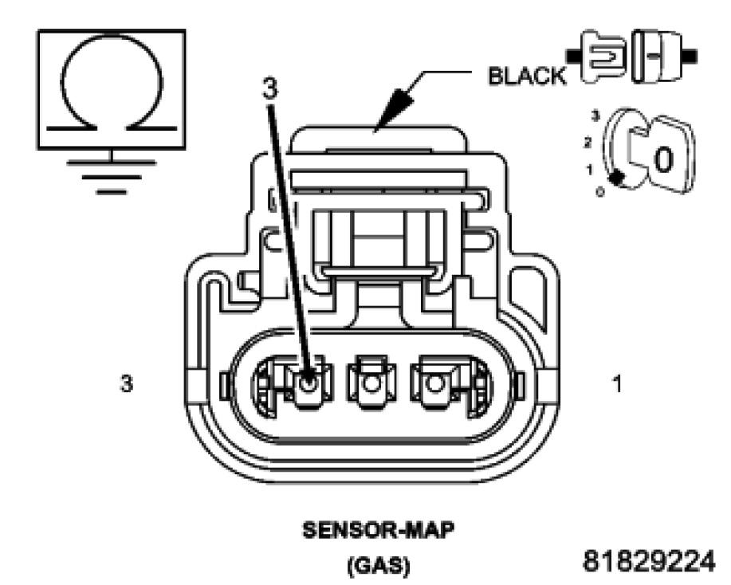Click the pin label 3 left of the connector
(x=126, y=383)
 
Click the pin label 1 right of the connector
(x=616, y=383)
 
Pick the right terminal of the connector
(x=434, y=383)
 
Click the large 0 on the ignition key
(x=662, y=160)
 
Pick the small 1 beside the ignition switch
(x=588, y=170)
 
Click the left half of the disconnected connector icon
(x=599, y=57)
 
